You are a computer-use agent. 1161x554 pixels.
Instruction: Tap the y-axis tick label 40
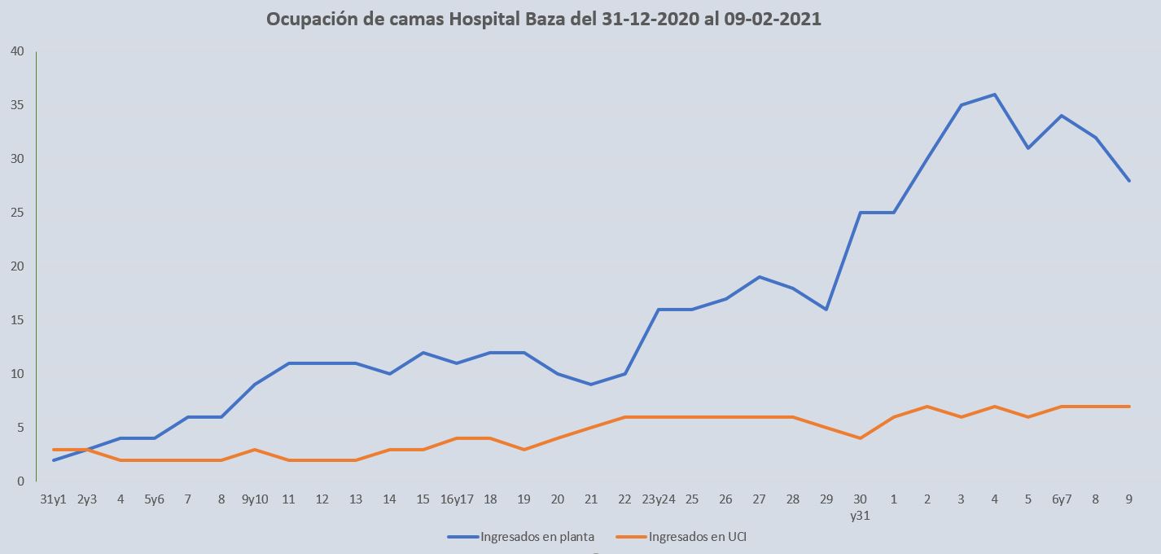(17, 51)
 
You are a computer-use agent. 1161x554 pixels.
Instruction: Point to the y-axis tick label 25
(17, 213)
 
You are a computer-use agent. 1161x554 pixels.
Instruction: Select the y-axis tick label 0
(20, 481)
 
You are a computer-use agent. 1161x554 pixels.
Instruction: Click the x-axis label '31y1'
(54, 499)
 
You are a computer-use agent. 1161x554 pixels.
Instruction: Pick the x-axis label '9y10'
(255, 499)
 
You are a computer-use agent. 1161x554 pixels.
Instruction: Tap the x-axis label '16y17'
(457, 499)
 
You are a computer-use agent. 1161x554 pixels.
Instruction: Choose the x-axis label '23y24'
(658, 499)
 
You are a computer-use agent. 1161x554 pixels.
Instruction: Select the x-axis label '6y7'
(1061, 499)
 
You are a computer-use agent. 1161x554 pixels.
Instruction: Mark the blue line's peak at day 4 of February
(994, 95)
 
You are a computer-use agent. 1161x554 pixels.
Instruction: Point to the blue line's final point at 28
(1128, 180)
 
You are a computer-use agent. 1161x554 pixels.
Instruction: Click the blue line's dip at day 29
(826, 310)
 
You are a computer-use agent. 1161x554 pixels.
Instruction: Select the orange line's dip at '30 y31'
(860, 438)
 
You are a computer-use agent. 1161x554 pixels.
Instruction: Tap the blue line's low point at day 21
(591, 385)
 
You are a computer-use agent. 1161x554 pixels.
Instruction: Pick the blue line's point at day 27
(759, 277)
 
